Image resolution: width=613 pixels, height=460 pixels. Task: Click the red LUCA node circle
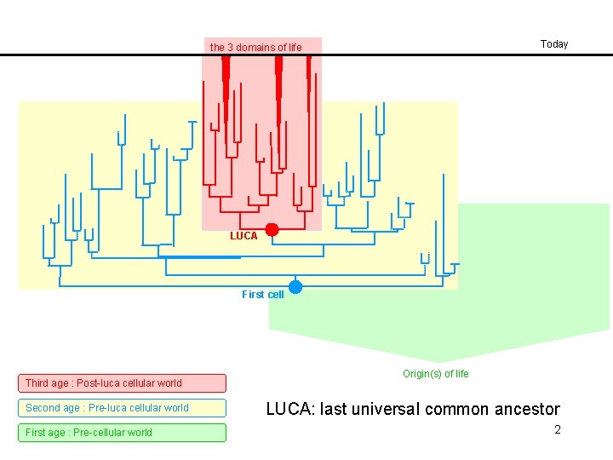[x=272, y=229]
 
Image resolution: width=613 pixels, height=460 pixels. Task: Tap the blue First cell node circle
[x=295, y=286]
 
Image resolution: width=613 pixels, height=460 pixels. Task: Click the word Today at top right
[x=554, y=44]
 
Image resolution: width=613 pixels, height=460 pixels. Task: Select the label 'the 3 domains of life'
[x=255, y=48]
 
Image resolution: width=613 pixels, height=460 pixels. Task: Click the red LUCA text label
[x=243, y=236]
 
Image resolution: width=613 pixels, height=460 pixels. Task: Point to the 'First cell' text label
[x=263, y=295]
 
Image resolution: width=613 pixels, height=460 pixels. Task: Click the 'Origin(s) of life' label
[x=435, y=374]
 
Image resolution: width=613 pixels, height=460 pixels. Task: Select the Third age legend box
[x=123, y=383]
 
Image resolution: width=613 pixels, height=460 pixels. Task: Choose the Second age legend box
[x=123, y=408]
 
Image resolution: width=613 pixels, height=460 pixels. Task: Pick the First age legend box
[x=123, y=433]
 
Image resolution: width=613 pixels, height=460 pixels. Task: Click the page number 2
[x=558, y=430]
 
